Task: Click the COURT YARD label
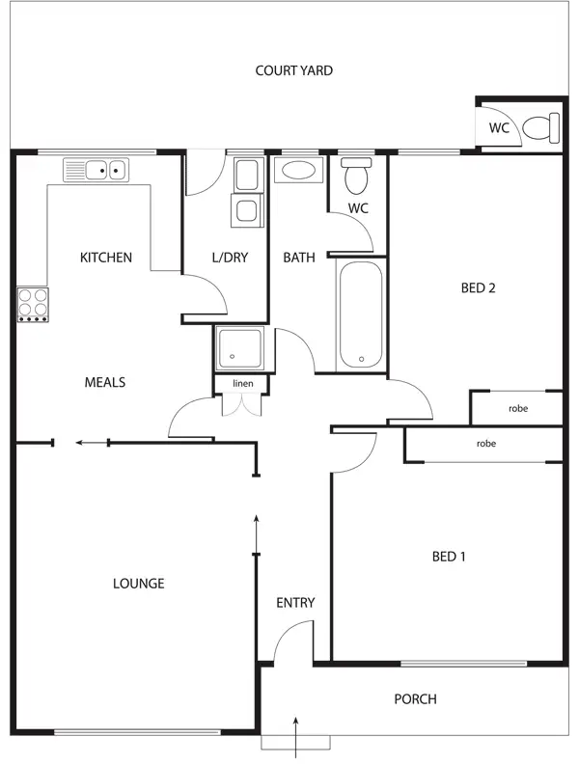293,70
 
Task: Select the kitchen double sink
96,171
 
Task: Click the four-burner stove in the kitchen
32,304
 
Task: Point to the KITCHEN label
105,258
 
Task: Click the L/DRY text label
229,258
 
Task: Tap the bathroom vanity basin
299,171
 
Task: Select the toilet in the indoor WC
357,176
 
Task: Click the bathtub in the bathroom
362,314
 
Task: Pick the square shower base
239,349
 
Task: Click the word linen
241,384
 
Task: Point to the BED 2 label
478,286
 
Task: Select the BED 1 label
449,556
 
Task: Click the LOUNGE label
138,584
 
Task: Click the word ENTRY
295,603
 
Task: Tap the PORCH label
415,699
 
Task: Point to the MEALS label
105,382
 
